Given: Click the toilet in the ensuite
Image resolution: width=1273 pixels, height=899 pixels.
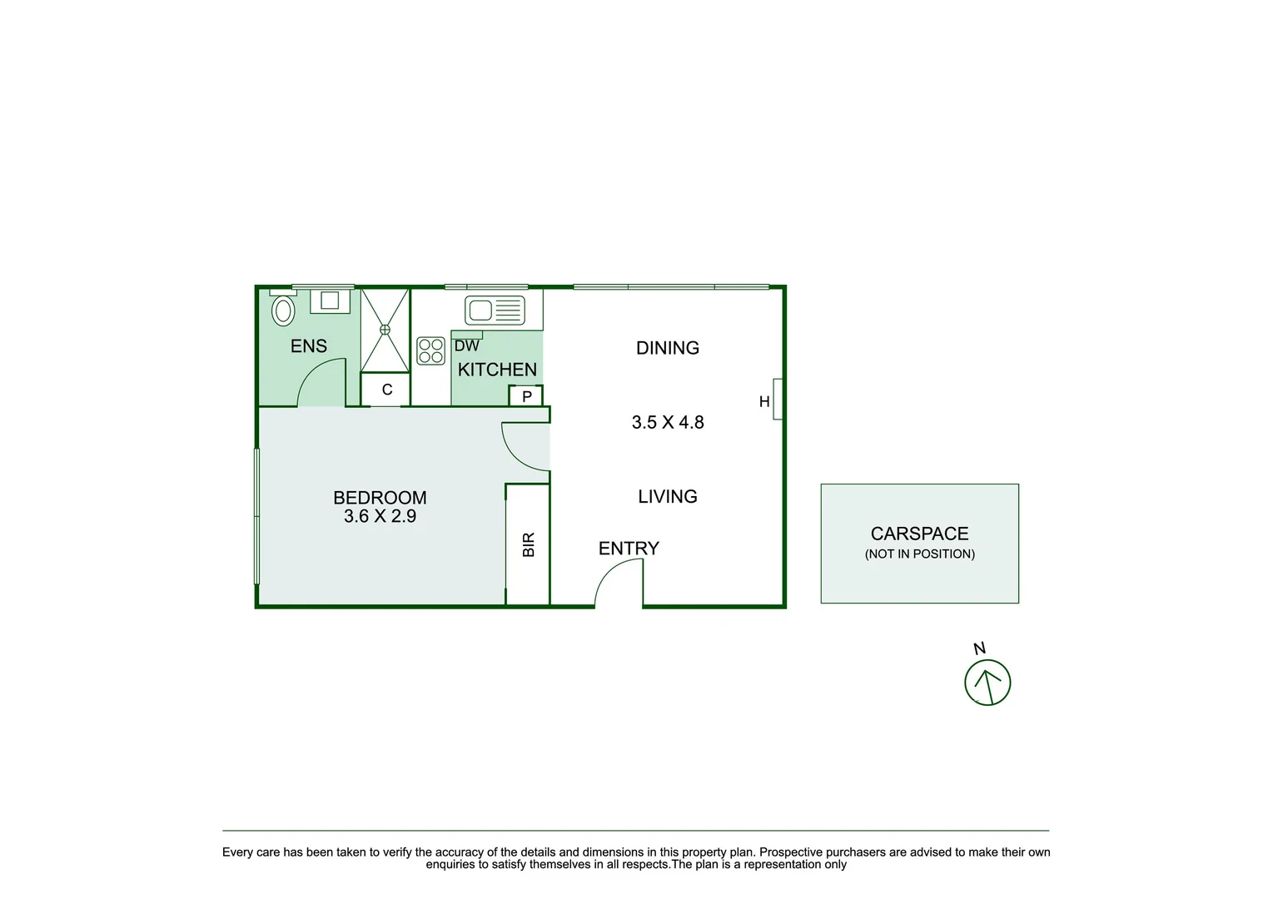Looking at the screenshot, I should [x=283, y=310].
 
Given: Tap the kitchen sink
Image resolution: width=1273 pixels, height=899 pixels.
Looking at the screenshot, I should [x=495, y=310].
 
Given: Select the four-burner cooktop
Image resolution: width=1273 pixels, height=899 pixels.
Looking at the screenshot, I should [x=431, y=350].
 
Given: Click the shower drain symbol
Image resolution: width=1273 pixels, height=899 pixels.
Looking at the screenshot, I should [x=385, y=330].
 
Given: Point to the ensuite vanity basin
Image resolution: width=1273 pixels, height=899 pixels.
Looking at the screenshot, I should [x=330, y=300].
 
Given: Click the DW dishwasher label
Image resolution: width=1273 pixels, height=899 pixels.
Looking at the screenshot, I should [x=467, y=345].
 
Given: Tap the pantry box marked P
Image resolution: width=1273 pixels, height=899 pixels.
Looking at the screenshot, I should [x=526, y=396].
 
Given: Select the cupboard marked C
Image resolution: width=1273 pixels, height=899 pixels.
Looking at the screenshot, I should [x=386, y=390].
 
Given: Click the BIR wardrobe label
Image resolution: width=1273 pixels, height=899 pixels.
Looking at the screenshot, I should [x=529, y=544].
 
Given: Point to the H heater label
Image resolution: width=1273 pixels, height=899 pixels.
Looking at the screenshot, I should [x=764, y=402].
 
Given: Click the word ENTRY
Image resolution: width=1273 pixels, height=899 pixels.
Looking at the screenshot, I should [x=629, y=549].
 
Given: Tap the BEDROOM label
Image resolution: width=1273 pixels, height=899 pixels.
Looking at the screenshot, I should [x=380, y=498].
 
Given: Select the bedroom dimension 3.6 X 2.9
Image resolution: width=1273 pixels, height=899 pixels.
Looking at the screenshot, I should [x=380, y=516].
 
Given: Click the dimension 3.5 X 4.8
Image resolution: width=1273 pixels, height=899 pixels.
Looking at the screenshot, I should [x=668, y=422].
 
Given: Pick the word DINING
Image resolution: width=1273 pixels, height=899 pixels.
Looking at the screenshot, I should [x=668, y=348].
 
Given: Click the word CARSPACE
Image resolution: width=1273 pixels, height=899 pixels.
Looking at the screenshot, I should [x=919, y=534].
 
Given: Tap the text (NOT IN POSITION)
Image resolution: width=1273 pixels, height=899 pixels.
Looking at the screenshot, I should [x=919, y=554].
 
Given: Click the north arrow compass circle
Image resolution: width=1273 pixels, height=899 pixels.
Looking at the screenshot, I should [x=987, y=683].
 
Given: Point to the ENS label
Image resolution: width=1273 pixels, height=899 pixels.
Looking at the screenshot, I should [x=309, y=346].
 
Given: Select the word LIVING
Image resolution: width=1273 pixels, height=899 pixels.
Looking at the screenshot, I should [x=668, y=497].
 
